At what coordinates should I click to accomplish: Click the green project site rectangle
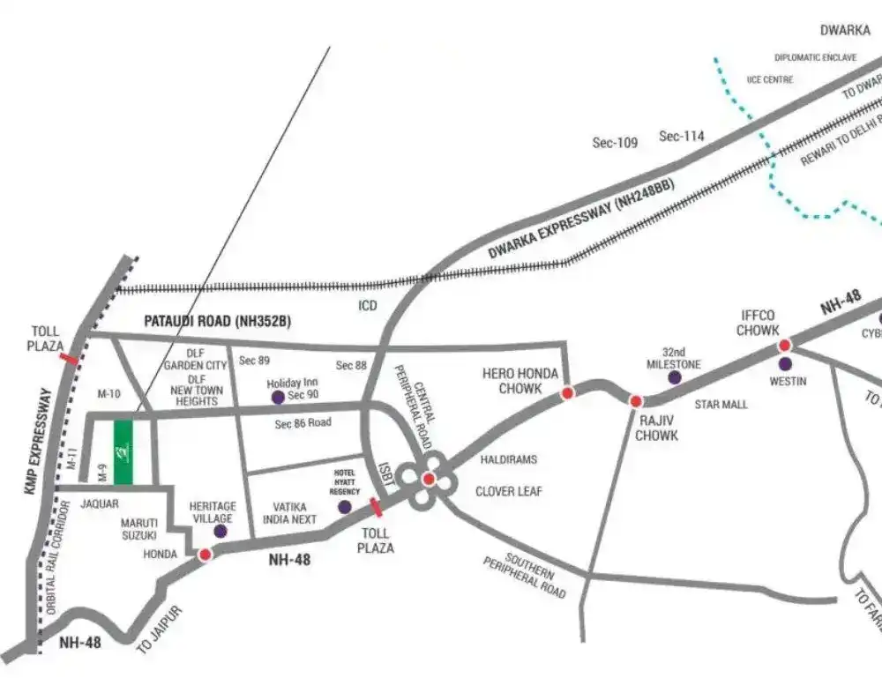[x=123, y=451]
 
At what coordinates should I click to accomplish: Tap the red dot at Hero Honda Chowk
[x=567, y=392]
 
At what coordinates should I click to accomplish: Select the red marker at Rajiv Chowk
[x=635, y=401]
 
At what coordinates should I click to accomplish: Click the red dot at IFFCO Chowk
[x=784, y=345]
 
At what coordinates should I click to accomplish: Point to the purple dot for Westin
[x=784, y=363]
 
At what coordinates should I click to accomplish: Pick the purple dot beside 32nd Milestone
[x=675, y=377]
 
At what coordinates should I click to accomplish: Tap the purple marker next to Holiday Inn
[x=278, y=397]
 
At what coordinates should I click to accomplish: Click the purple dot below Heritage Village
[x=220, y=532]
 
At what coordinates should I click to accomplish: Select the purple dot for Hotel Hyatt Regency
[x=345, y=507]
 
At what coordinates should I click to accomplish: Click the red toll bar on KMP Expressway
[x=68, y=357]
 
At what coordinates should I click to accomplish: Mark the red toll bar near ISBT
[x=377, y=507]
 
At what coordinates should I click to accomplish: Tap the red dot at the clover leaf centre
[x=429, y=480]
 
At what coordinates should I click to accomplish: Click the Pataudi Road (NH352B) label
[x=217, y=322]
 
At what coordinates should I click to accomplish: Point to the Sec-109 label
[x=615, y=143]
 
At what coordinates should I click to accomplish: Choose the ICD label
[x=368, y=305]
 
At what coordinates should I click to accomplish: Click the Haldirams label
[x=508, y=459]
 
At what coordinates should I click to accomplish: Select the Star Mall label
[x=721, y=405]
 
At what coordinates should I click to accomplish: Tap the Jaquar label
[x=100, y=505]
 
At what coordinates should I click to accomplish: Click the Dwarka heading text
[x=845, y=30]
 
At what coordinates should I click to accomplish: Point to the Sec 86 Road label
[x=303, y=424]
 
